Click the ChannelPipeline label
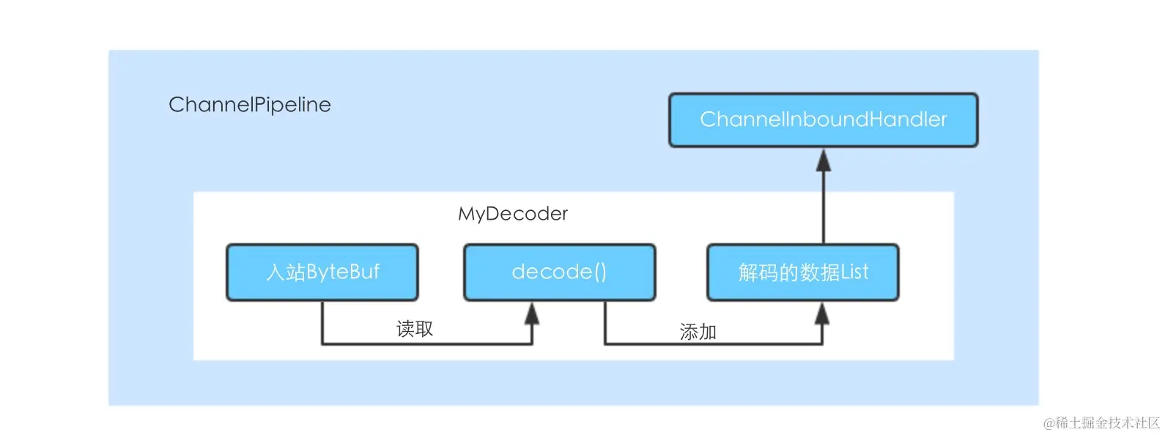click(x=250, y=105)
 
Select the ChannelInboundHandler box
click(x=823, y=120)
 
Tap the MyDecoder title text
click(x=513, y=214)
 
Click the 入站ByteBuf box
click(x=322, y=272)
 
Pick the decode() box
click(x=559, y=272)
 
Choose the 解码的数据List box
click(x=802, y=272)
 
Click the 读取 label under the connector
click(x=415, y=329)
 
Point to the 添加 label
click(x=698, y=332)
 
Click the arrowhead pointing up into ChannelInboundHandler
click(x=824, y=160)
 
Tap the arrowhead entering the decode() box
click(x=532, y=313)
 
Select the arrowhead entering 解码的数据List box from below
click(x=822, y=313)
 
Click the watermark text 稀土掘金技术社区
click(x=1108, y=423)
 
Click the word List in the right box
click(x=854, y=272)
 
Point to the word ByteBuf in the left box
click(x=343, y=272)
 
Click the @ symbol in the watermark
click(x=1048, y=423)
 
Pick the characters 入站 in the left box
click(x=285, y=272)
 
